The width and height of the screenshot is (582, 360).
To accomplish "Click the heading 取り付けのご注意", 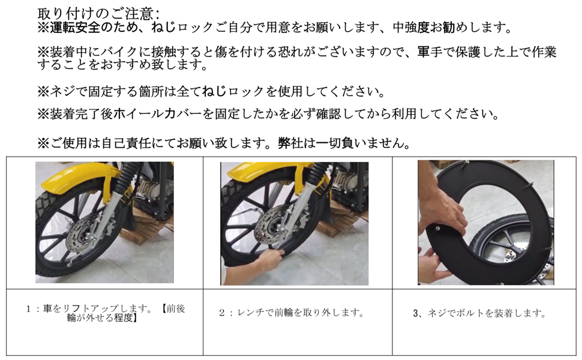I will [x=98, y=13].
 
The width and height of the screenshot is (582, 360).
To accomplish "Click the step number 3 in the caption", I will [x=416, y=313].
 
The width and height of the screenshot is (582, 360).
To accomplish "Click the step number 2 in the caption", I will [x=221, y=313].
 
